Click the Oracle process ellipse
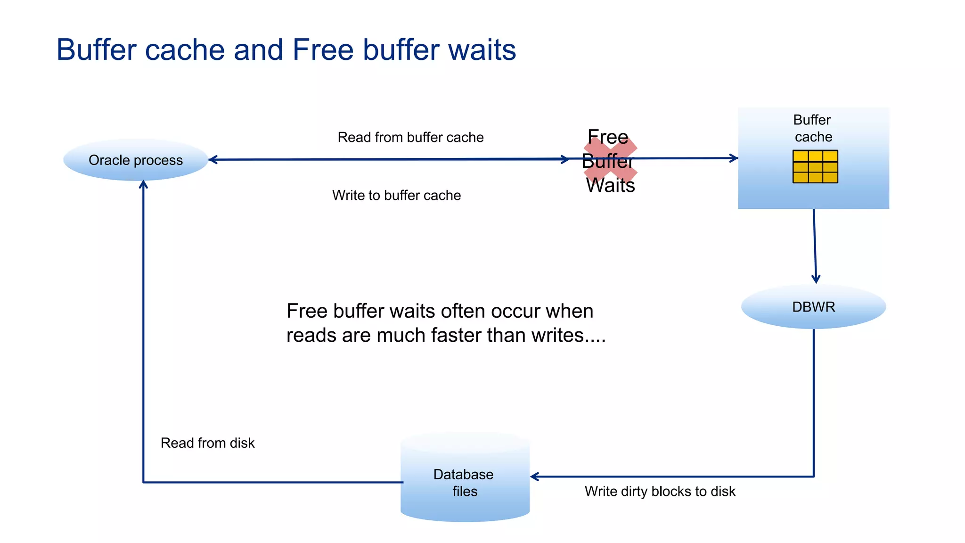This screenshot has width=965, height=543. [x=136, y=160]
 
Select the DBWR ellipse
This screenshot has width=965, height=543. [x=813, y=307]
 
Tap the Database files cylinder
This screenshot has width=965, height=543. [x=465, y=478]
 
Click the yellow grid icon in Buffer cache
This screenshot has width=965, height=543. [x=815, y=166]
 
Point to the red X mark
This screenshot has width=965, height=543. [x=610, y=161]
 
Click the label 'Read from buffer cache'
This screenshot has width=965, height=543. [x=410, y=137]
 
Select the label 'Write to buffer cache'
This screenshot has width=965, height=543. [x=396, y=195]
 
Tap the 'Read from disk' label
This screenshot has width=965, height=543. [x=207, y=443]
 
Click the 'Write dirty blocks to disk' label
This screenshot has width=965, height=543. [x=660, y=491]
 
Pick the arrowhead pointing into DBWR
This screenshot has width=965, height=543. [x=816, y=279]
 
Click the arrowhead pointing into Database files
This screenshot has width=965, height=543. [x=535, y=477]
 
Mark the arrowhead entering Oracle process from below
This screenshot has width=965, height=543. [x=143, y=184]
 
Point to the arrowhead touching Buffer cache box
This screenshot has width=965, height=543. [x=734, y=158]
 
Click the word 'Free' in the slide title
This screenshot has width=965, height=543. [x=323, y=49]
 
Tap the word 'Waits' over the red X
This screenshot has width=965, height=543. [x=610, y=185]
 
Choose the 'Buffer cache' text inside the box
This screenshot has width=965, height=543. [x=813, y=128]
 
